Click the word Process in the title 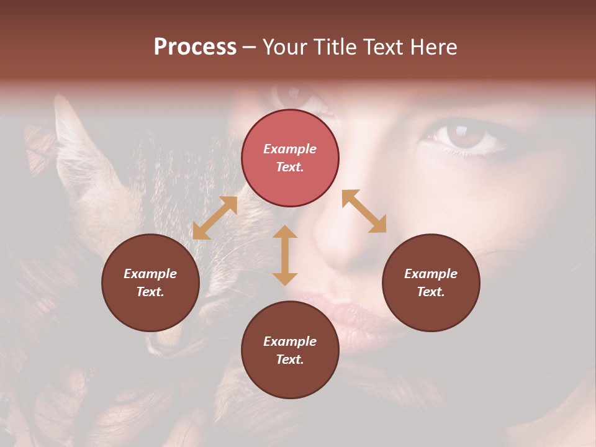pos(195,47)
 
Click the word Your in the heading pos(283,47)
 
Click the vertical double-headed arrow pos(285,255)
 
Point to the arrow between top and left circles pos(215,218)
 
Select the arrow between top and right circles pos(364,211)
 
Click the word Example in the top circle pos(290,149)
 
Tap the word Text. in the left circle pos(150,292)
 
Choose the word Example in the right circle pos(431,274)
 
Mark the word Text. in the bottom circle pos(290,359)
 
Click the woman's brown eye pos(462,135)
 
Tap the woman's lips pos(348,310)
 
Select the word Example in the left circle pos(150,274)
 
